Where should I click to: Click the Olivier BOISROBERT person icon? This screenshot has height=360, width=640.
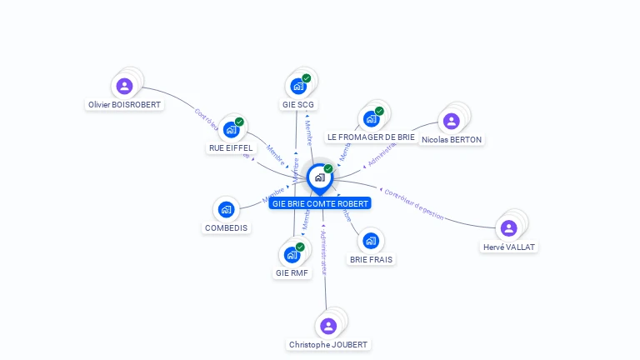[124, 85]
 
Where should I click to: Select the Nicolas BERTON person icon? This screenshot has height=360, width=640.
[451, 121]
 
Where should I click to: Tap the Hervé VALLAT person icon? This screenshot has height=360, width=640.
[508, 228]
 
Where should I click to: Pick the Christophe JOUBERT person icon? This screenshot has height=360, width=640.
[327, 326]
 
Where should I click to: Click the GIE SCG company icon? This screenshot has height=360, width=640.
[297, 86]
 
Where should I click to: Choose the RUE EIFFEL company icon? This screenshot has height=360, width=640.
[231, 130]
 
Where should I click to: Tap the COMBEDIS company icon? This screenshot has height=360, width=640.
[226, 210]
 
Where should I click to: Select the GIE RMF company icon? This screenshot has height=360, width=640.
[292, 255]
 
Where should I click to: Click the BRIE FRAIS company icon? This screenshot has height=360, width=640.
[371, 241]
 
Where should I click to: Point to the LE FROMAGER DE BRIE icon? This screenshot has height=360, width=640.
[371, 118]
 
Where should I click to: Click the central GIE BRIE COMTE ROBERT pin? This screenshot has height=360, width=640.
[319, 177]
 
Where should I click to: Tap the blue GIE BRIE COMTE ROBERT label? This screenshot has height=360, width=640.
[320, 203]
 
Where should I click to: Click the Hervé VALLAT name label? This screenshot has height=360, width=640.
[510, 247]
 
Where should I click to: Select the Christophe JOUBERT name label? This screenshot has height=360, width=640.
[328, 345]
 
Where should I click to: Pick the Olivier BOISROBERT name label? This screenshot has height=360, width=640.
[125, 105]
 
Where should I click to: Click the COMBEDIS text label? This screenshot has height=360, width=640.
[227, 228]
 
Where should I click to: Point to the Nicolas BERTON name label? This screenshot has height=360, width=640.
[452, 140]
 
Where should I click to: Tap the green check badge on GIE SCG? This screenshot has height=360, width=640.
[306, 78]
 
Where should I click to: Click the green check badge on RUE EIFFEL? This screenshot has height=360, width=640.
[239, 122]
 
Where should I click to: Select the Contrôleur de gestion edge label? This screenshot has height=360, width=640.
[413, 205]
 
